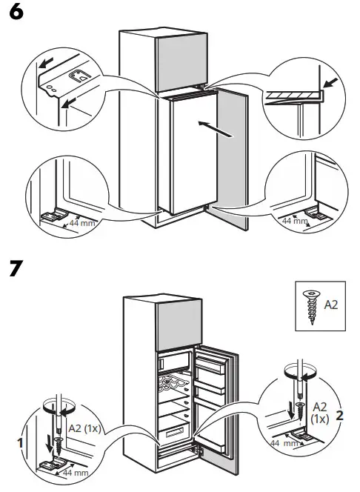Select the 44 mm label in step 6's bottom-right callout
pos(292,221)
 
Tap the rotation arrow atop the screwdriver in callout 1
pos(55,408)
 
